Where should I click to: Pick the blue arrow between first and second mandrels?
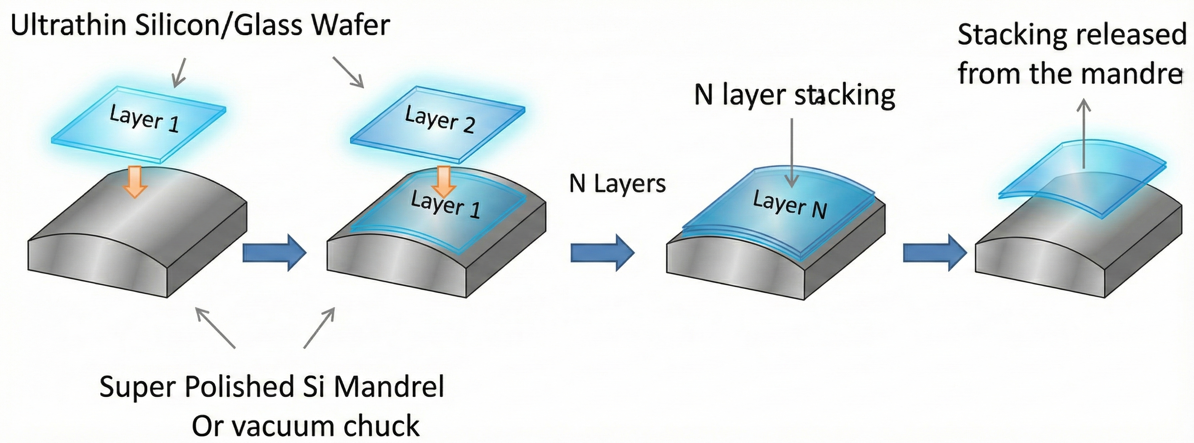[x=274, y=252]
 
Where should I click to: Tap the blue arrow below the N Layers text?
[x=602, y=252]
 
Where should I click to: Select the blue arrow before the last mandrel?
[x=935, y=252]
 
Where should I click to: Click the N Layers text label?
[x=617, y=184]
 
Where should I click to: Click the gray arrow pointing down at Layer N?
[x=792, y=153]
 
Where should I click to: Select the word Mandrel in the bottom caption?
[x=388, y=387]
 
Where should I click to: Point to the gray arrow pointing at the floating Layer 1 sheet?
[x=179, y=73]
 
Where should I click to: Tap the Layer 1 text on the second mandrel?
[x=445, y=204]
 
